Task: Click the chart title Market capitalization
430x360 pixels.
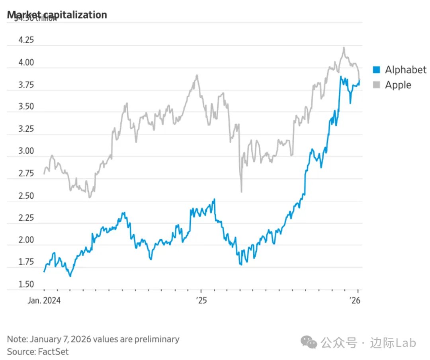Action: pyautogui.click(x=57, y=15)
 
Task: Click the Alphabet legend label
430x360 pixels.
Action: pyautogui.click(x=405, y=70)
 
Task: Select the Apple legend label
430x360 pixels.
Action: pyautogui.click(x=398, y=85)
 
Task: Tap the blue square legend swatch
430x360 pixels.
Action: pyautogui.click(x=376, y=70)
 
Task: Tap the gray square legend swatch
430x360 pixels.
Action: pyautogui.click(x=376, y=85)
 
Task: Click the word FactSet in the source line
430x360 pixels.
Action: pyautogui.click(x=53, y=352)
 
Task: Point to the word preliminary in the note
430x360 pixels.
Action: pyautogui.click(x=156, y=339)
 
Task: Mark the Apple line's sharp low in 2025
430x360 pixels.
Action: pyautogui.click(x=241, y=192)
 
